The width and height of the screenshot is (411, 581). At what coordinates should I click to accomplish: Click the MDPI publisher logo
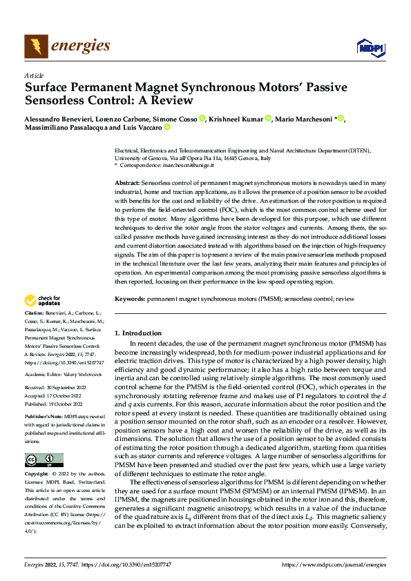(x=370, y=47)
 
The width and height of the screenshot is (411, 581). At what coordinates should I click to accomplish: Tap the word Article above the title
(x=34, y=75)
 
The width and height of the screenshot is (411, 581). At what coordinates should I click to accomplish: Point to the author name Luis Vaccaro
(x=142, y=128)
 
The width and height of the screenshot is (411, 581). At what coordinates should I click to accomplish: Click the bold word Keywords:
(x=129, y=299)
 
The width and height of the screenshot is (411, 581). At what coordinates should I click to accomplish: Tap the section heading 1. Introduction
(x=138, y=333)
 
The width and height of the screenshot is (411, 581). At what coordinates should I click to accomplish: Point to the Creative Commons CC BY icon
(x=44, y=460)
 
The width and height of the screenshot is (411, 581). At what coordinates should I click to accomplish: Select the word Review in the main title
(x=172, y=101)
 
